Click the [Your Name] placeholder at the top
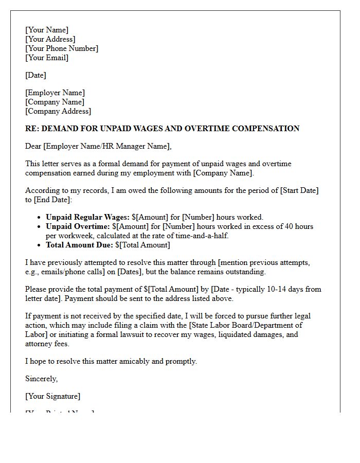coord(47,30)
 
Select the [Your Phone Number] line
coord(62,48)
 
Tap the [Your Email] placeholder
coord(47,58)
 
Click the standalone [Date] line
coord(35,75)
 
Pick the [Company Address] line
coord(58,111)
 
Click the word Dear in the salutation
coord(33,146)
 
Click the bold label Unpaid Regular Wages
coord(87,217)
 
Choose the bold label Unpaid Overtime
coord(78,226)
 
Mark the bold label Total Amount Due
coord(79,245)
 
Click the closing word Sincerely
coord(41,379)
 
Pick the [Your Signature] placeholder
coord(52,396)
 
